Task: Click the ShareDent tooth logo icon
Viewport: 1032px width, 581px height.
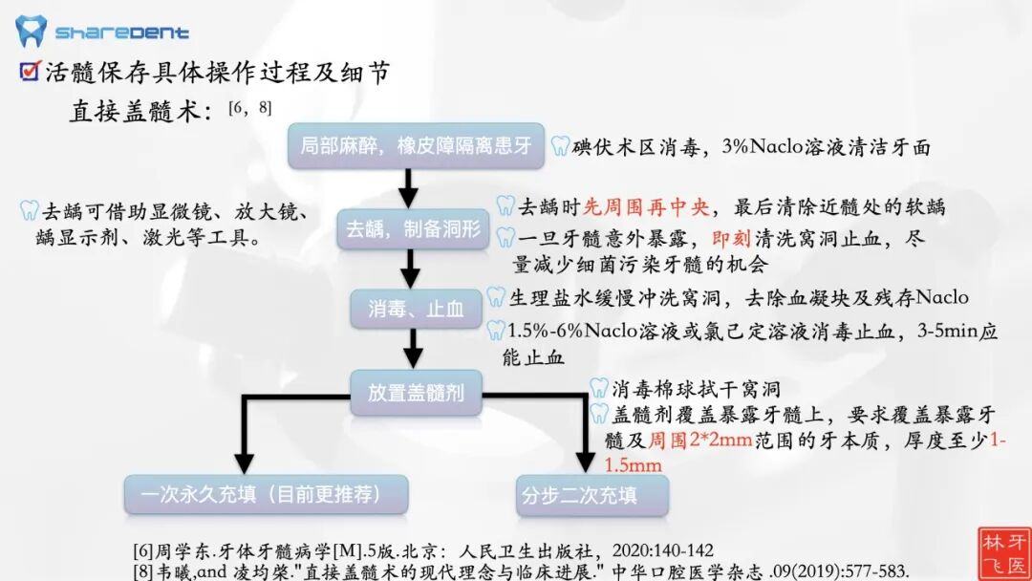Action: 31,31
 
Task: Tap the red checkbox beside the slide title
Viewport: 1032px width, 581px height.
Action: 30,71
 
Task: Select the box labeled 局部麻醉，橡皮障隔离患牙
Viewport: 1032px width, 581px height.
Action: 416,146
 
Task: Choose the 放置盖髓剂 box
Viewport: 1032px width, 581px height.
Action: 416,392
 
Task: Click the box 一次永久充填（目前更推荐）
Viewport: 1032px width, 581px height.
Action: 267,494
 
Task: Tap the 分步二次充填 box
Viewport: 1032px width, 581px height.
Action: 591,495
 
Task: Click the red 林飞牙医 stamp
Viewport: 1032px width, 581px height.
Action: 1003,552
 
